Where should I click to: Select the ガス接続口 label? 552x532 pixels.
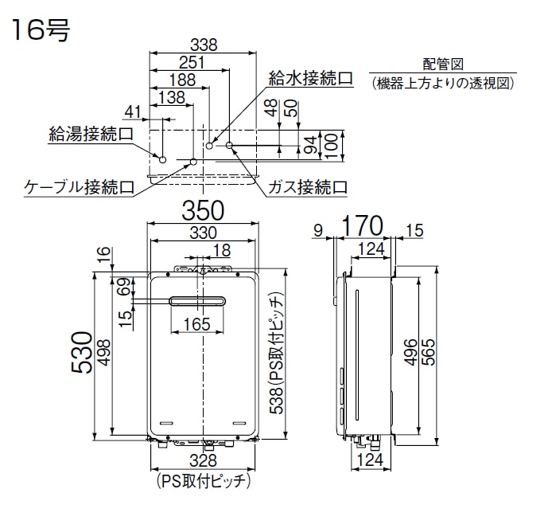point(308,188)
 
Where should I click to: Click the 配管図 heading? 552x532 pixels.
point(443,65)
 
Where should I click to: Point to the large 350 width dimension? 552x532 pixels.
point(204,211)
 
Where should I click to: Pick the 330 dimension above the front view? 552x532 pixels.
point(204,233)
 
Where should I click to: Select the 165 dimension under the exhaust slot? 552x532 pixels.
point(196,323)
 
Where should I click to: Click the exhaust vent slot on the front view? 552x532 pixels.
point(196,300)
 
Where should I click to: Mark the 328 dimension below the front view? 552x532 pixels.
point(204,460)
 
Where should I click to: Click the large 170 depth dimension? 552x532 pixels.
point(363,224)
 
